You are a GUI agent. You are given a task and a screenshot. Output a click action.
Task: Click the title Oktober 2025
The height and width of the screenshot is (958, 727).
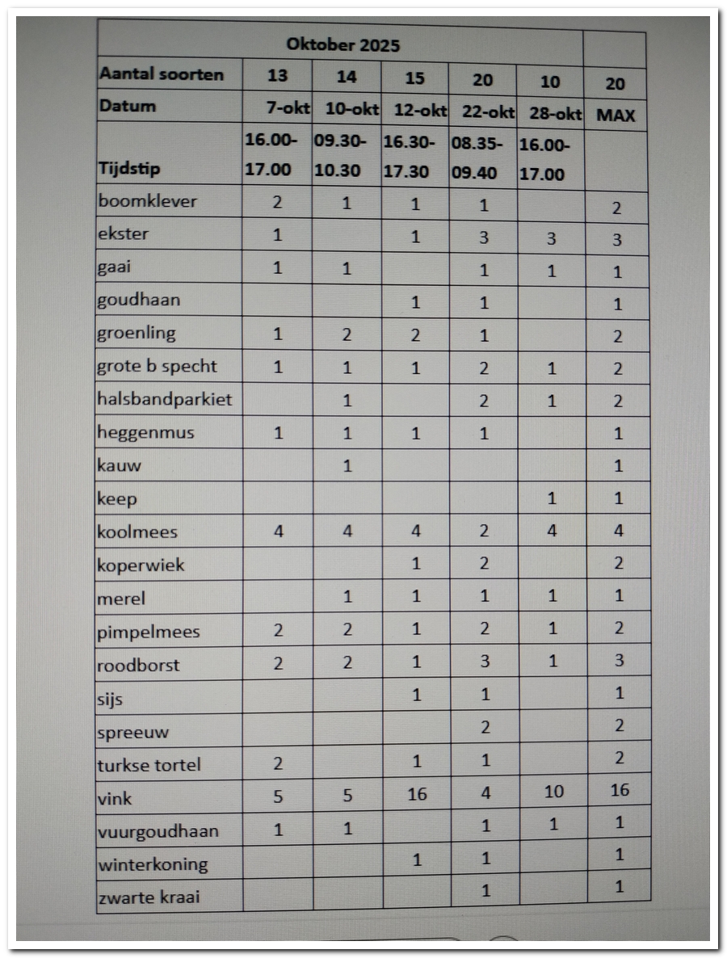tap(342, 44)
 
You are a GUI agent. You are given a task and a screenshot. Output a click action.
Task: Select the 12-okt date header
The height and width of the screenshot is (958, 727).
tap(420, 110)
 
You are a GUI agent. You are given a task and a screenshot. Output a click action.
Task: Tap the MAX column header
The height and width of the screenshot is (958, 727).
tap(616, 115)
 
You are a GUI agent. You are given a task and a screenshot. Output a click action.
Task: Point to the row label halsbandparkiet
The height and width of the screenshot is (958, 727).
tap(164, 400)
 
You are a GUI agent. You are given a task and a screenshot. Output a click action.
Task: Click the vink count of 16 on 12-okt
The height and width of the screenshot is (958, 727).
tap(417, 795)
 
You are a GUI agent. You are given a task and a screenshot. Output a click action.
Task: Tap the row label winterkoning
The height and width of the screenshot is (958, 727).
tap(153, 864)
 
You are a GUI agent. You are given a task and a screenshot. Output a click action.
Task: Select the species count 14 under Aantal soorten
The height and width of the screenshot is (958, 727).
tap(347, 77)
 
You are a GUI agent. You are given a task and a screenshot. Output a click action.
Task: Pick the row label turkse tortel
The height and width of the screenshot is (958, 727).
tap(149, 765)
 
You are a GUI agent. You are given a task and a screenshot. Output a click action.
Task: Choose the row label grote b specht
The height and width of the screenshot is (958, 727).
tap(158, 366)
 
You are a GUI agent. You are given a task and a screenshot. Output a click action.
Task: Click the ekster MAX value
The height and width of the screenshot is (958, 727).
tap(618, 240)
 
